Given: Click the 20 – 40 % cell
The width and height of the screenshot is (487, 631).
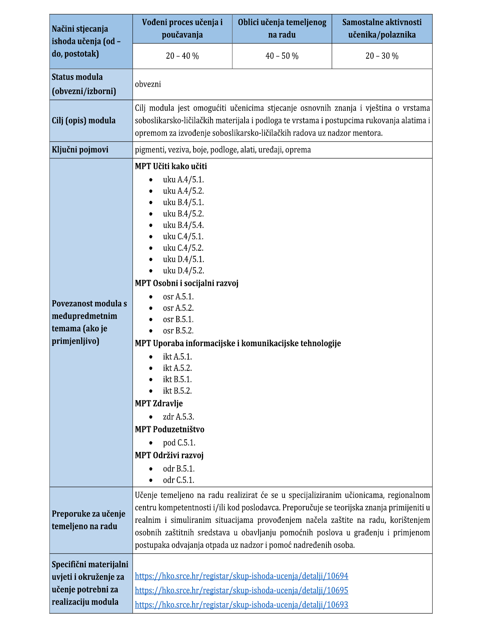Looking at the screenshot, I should coord(182,56).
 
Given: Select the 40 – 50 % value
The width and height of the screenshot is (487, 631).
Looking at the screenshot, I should coord(282,56).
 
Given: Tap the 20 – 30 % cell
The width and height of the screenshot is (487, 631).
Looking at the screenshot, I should coord(382,56).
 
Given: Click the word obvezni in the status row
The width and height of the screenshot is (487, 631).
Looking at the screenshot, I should coord(148,84).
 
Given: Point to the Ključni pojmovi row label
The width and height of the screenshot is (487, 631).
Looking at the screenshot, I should coord(80,150).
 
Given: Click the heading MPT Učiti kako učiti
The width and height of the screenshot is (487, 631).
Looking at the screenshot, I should coord(171,166).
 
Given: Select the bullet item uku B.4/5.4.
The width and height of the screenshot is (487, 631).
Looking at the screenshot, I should coord(183,225).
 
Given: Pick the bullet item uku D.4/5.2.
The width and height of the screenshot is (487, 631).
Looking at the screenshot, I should coord(183,271).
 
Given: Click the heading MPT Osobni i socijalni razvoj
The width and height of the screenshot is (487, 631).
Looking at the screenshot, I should coord(187,283).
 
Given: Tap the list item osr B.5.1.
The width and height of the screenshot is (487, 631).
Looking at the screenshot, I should coord(178,320).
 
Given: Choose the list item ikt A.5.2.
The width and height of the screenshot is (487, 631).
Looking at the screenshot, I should coord(177,368).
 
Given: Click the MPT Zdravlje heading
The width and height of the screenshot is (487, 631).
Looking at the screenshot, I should coord(159,403).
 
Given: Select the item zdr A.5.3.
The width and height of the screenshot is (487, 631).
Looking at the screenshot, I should coord(178,417).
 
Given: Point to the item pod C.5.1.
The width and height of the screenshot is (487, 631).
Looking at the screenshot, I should coord(179,443).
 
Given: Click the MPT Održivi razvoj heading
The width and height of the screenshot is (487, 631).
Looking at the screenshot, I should coord(169,455).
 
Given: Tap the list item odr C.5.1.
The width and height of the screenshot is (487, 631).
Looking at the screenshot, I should coord(178,480).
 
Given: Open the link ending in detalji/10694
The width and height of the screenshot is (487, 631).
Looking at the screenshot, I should coord(241,576).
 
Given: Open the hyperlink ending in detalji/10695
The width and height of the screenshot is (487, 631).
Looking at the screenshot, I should coord(241,590).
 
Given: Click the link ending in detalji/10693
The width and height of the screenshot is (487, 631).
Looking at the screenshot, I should coord(241,605).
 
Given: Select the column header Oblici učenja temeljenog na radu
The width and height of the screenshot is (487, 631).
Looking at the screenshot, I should coord(282,29).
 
